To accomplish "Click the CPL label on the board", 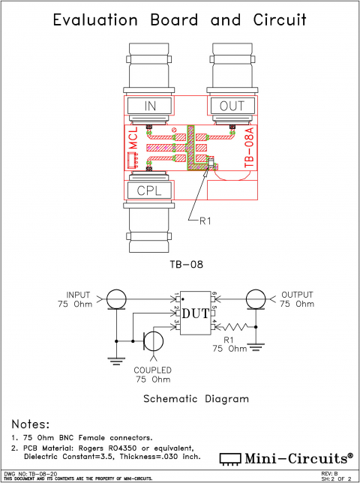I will coord(149,190).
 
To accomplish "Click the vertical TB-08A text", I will coord(249,146).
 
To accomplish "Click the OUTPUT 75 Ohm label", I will coord(297,299).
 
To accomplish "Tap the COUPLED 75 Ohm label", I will coord(153,374).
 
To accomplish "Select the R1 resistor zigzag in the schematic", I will coord(236,327).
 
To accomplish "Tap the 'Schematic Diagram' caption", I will coord(195,399).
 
